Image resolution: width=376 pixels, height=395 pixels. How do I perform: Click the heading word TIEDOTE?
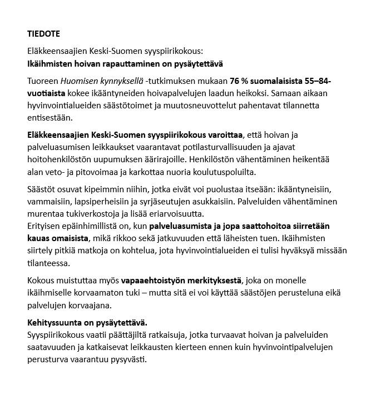pyautogui.click(x=43, y=34)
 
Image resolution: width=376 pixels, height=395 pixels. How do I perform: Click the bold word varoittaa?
pyautogui.click(x=224, y=135)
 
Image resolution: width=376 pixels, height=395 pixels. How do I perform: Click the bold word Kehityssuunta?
pyautogui.click(x=55, y=323)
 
